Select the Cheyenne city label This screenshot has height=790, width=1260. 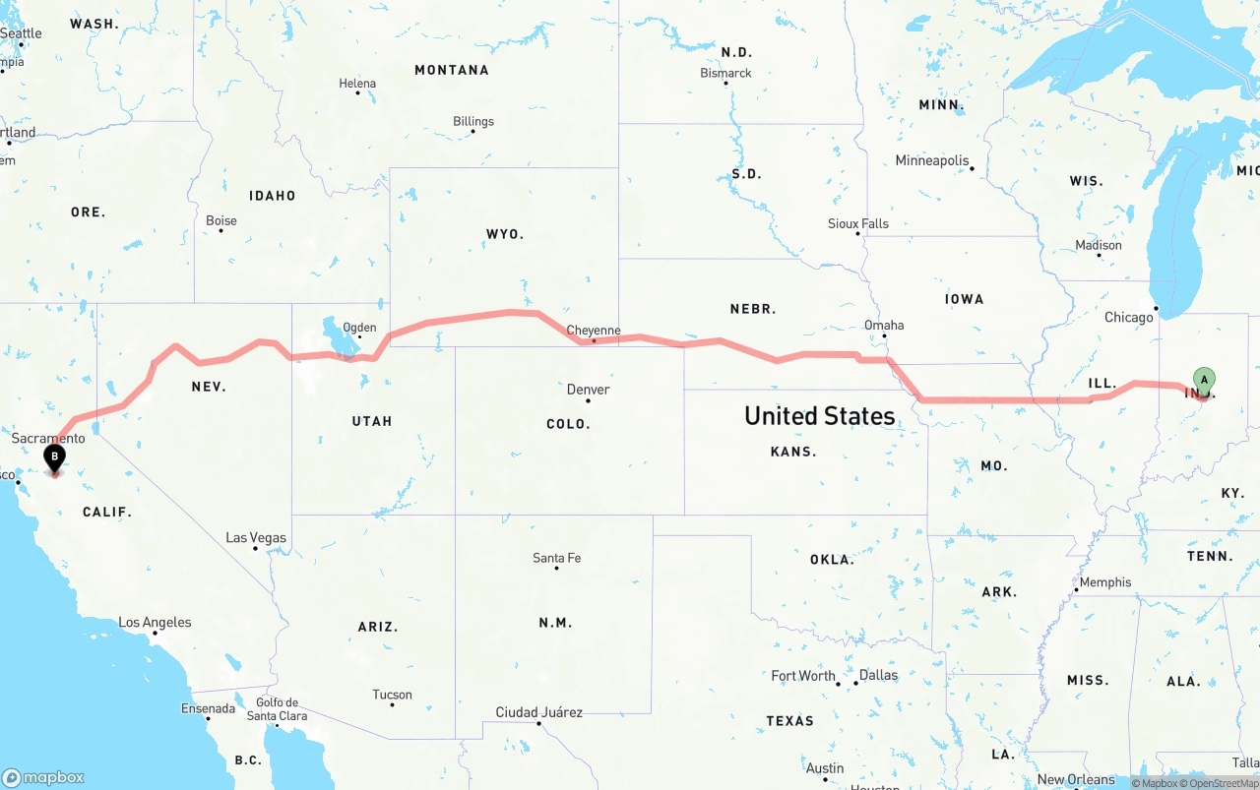pyautogui.click(x=594, y=331)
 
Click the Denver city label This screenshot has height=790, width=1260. pyautogui.click(x=588, y=390)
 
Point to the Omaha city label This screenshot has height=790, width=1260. pyautogui.click(x=884, y=325)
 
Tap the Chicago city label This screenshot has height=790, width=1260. pyautogui.click(x=1128, y=317)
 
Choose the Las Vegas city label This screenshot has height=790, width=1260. pyautogui.click(x=256, y=537)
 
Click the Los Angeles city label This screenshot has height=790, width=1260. pyautogui.click(x=155, y=622)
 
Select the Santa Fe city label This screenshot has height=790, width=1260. pyautogui.click(x=556, y=558)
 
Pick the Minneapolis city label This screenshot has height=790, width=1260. pyautogui.click(x=932, y=160)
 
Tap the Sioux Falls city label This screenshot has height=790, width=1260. pyautogui.click(x=858, y=223)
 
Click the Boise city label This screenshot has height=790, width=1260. pyautogui.click(x=221, y=220)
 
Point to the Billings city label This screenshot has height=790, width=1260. pyautogui.click(x=473, y=121)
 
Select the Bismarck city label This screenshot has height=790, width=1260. pyautogui.click(x=725, y=73)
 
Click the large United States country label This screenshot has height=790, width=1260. pyautogui.click(x=819, y=415)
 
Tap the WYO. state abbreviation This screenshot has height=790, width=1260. pyautogui.click(x=505, y=234)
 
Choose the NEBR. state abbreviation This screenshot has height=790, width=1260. pyautogui.click(x=752, y=309)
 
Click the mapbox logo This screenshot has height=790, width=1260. pyautogui.click(x=43, y=777)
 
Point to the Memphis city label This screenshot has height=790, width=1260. pyautogui.click(x=1105, y=581)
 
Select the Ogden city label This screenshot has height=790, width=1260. pyautogui.click(x=359, y=328)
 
